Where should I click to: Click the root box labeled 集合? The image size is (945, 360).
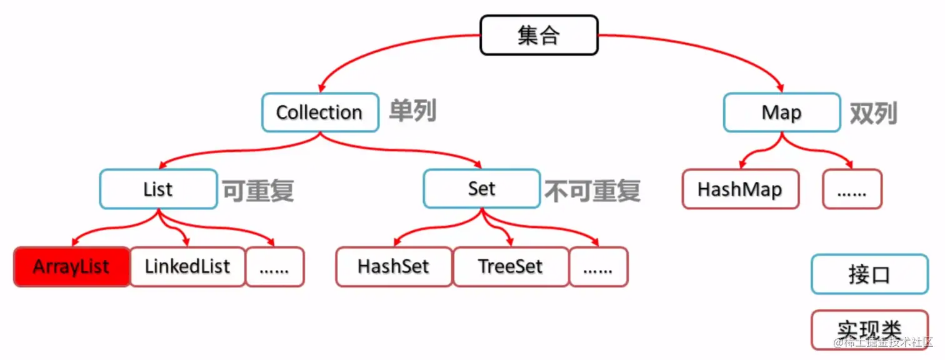539,35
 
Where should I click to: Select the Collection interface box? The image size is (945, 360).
319,112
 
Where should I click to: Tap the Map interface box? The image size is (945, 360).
781,112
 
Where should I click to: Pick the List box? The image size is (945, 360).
158,189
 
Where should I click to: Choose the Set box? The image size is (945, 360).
481,189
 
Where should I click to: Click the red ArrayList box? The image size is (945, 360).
71,267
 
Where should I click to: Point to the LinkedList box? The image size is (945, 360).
187,267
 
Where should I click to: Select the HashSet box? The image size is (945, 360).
394,267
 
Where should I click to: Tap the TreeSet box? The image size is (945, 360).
511,267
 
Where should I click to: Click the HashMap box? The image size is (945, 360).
740,189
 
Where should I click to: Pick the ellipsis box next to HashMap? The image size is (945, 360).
852,189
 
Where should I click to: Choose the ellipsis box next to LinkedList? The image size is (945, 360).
274,267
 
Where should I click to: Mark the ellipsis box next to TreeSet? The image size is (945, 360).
598,267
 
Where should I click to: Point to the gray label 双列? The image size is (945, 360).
873,113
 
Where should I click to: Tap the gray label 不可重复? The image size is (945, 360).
593,191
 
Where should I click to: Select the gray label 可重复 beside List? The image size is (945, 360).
258,191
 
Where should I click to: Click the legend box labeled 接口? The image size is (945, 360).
869,274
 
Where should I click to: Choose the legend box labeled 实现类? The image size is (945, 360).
869,329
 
